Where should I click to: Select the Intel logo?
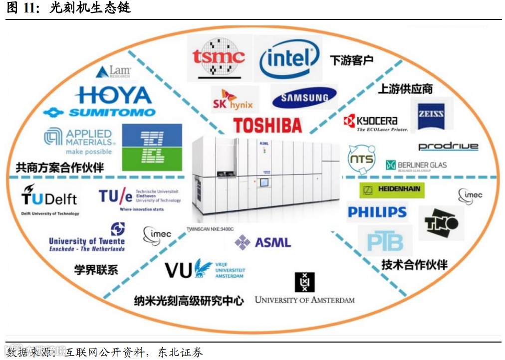(x=289, y=59)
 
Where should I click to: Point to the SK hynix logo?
(x=233, y=99)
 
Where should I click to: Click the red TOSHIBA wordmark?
(x=267, y=125)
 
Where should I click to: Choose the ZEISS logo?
(x=431, y=114)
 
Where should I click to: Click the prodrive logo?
(x=448, y=146)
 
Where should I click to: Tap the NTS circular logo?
(x=361, y=159)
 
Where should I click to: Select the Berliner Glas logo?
(x=416, y=166)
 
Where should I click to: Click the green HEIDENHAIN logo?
(x=392, y=189)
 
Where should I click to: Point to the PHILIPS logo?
(x=377, y=212)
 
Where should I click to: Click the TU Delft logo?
(x=49, y=199)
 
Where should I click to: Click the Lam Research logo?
(x=113, y=71)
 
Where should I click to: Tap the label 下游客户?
(x=352, y=61)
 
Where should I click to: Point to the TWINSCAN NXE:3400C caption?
(x=210, y=229)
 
